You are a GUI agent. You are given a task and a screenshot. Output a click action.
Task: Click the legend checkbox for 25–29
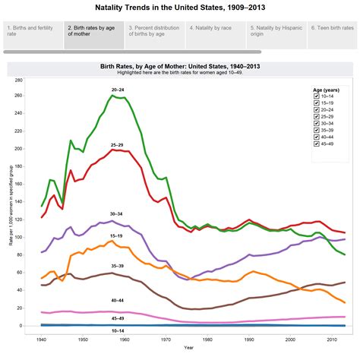(x=316, y=117)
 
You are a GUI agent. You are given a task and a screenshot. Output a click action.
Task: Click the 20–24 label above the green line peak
(x=118, y=90)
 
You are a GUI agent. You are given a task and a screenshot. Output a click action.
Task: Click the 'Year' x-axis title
(x=188, y=348)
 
